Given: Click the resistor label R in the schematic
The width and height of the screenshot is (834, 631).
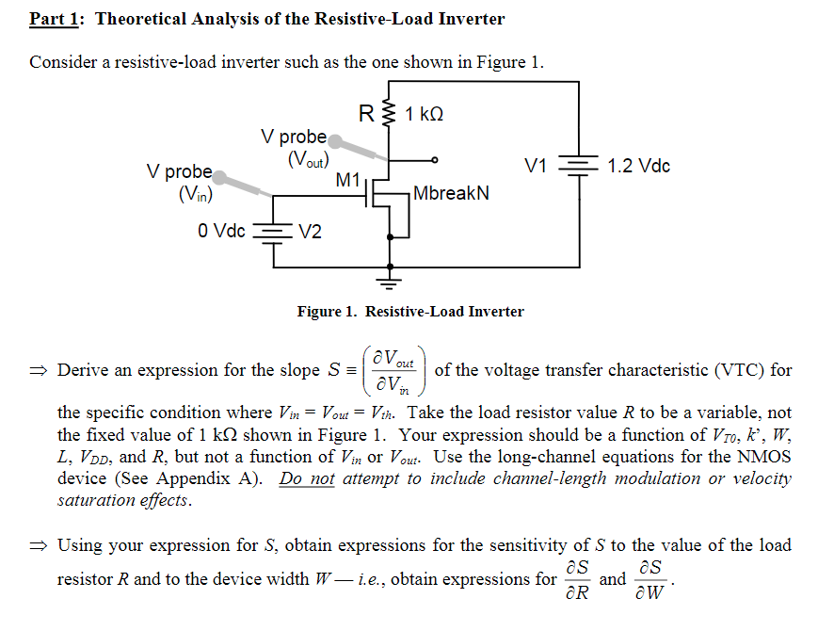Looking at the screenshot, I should tap(369, 114).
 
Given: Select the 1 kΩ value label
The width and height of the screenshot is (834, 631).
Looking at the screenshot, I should tap(424, 115).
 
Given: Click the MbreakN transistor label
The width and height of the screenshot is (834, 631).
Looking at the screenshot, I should tap(451, 193).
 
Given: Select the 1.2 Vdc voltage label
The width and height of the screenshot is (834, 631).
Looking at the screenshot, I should tap(639, 167).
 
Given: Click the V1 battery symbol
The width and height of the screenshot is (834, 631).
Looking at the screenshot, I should tap(576, 167).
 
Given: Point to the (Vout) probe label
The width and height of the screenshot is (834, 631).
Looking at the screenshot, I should tap(308, 158).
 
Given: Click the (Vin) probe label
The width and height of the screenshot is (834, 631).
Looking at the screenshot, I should tap(195, 195).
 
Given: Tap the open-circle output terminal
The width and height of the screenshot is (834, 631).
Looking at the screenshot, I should tap(434, 160).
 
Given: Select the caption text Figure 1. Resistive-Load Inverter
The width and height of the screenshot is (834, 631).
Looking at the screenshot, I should tap(410, 312).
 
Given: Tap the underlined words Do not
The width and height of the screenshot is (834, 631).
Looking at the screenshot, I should tap(306, 478).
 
